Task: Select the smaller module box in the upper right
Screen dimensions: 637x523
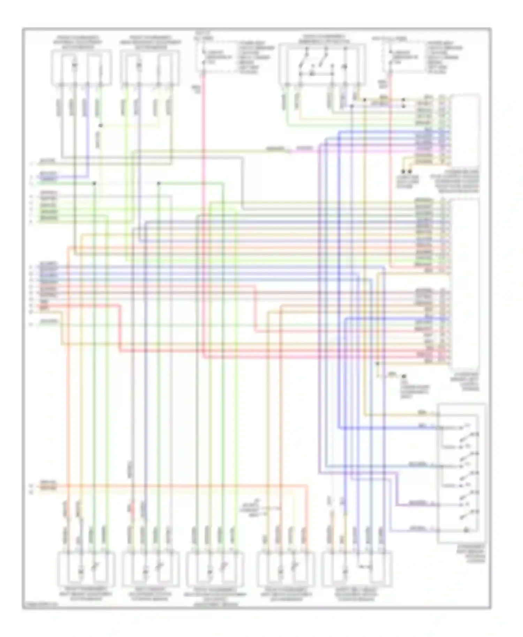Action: pos(465,129)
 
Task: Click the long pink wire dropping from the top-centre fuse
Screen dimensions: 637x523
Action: pos(203,209)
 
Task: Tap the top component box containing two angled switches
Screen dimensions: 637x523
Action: pos(322,64)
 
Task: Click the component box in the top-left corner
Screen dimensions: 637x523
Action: pos(81,67)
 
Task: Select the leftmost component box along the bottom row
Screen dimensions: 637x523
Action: pos(86,569)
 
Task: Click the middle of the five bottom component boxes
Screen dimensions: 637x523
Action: pos(215,569)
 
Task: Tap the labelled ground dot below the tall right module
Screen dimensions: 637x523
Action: pos(404,377)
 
